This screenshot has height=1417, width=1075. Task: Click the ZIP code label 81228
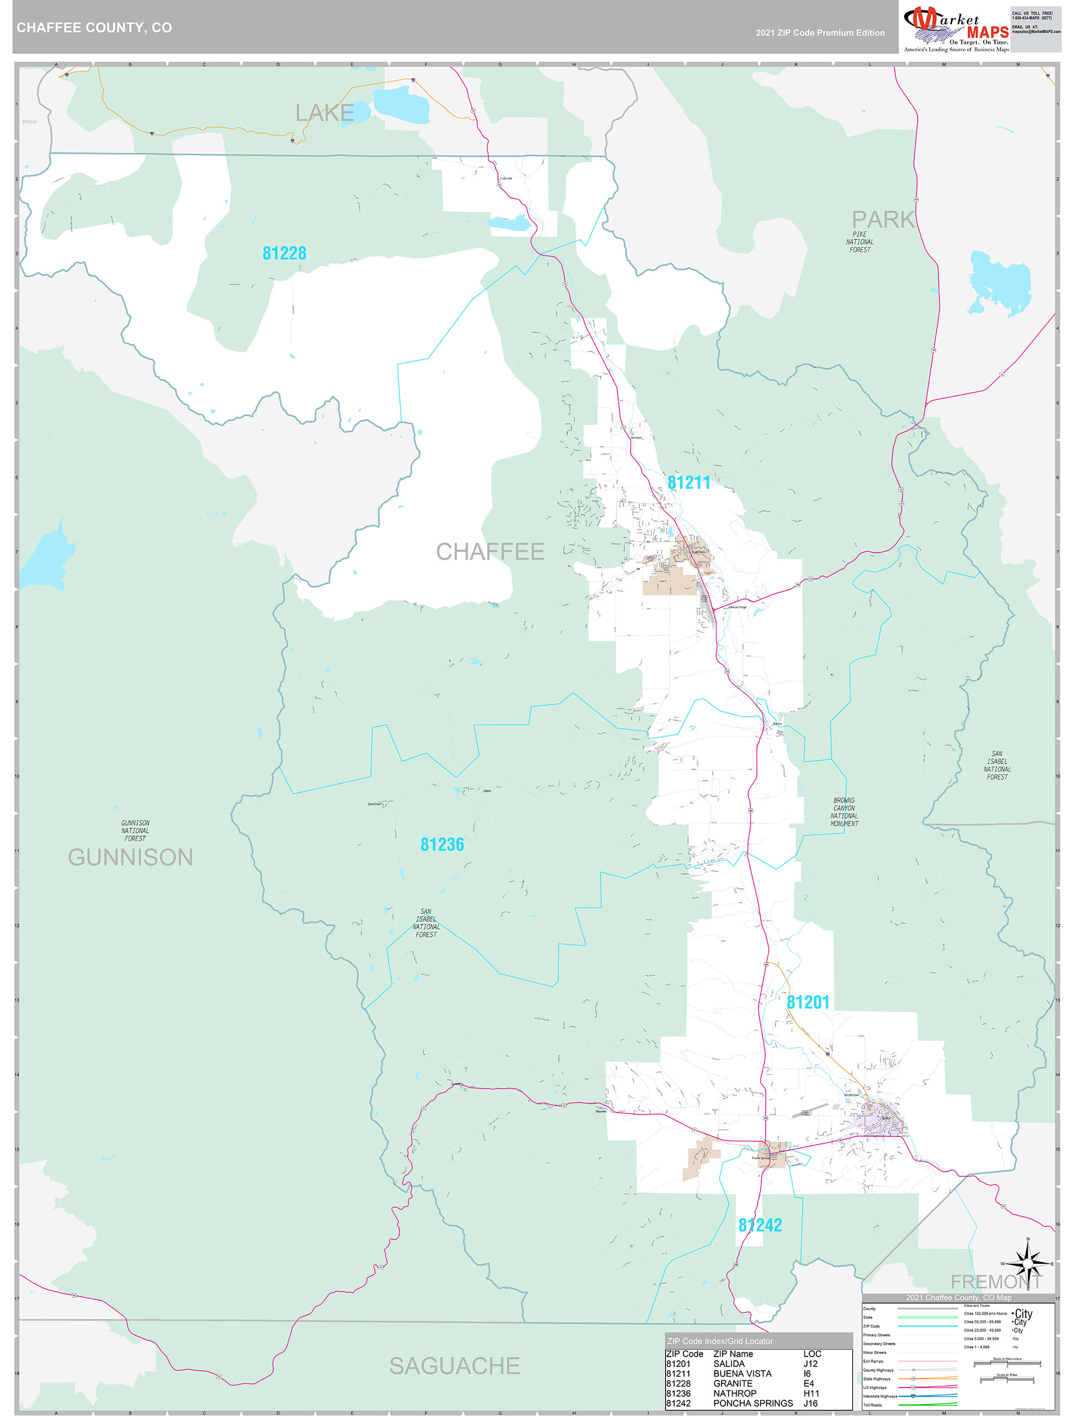tap(284, 253)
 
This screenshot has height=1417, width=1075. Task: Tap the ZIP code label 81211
tap(689, 483)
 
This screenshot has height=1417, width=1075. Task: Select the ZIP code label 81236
tap(442, 844)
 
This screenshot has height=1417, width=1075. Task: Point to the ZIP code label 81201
tap(808, 1003)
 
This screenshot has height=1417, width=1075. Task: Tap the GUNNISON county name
tap(131, 857)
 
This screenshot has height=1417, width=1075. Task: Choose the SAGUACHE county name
tap(455, 1366)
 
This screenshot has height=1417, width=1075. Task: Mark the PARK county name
tap(883, 220)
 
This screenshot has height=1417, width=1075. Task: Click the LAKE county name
tap(324, 113)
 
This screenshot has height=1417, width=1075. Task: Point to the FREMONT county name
tap(995, 1282)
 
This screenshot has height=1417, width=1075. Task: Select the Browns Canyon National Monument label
tap(844, 812)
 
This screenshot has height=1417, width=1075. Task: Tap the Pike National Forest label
tap(859, 242)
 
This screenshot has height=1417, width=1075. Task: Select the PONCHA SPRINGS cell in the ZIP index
tap(752, 1403)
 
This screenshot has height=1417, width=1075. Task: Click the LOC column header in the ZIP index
tap(812, 1354)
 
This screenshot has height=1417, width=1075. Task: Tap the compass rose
tap(1028, 1263)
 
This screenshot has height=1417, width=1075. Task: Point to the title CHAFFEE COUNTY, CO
tap(94, 28)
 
